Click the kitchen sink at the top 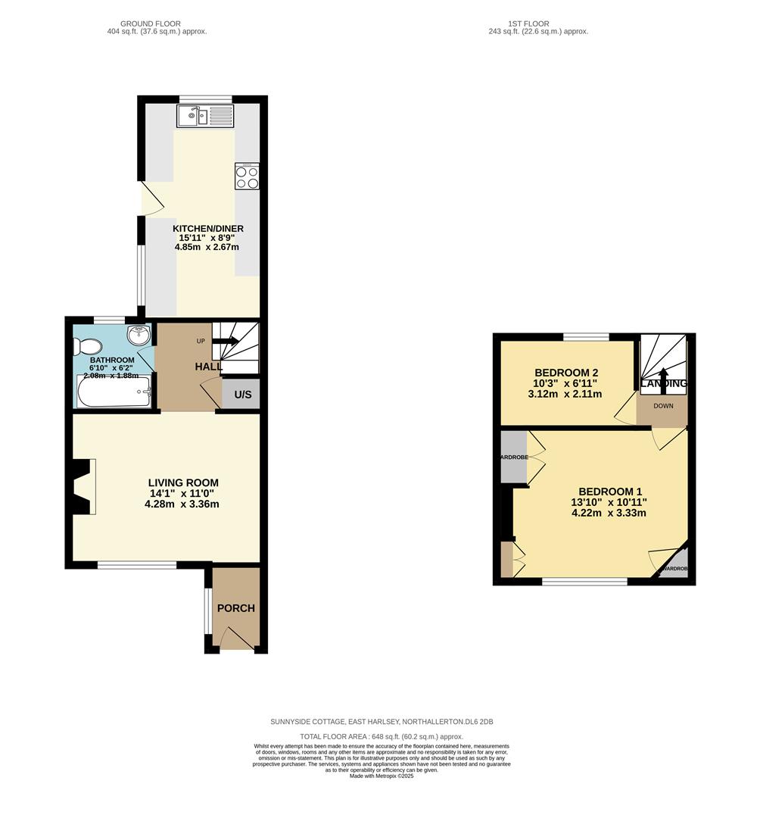tap(206, 116)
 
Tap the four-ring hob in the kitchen tap(248, 177)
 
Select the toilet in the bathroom tap(83, 346)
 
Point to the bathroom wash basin tap(138, 335)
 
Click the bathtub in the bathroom tap(114, 392)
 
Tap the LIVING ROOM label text tap(183, 482)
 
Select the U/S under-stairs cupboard tap(242, 395)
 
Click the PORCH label tap(236, 608)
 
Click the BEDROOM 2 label tap(566, 373)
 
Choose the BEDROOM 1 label tap(610, 491)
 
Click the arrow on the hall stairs tap(227, 342)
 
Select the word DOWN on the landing tap(663, 406)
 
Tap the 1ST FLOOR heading tap(538, 24)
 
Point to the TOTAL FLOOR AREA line tap(382, 736)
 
